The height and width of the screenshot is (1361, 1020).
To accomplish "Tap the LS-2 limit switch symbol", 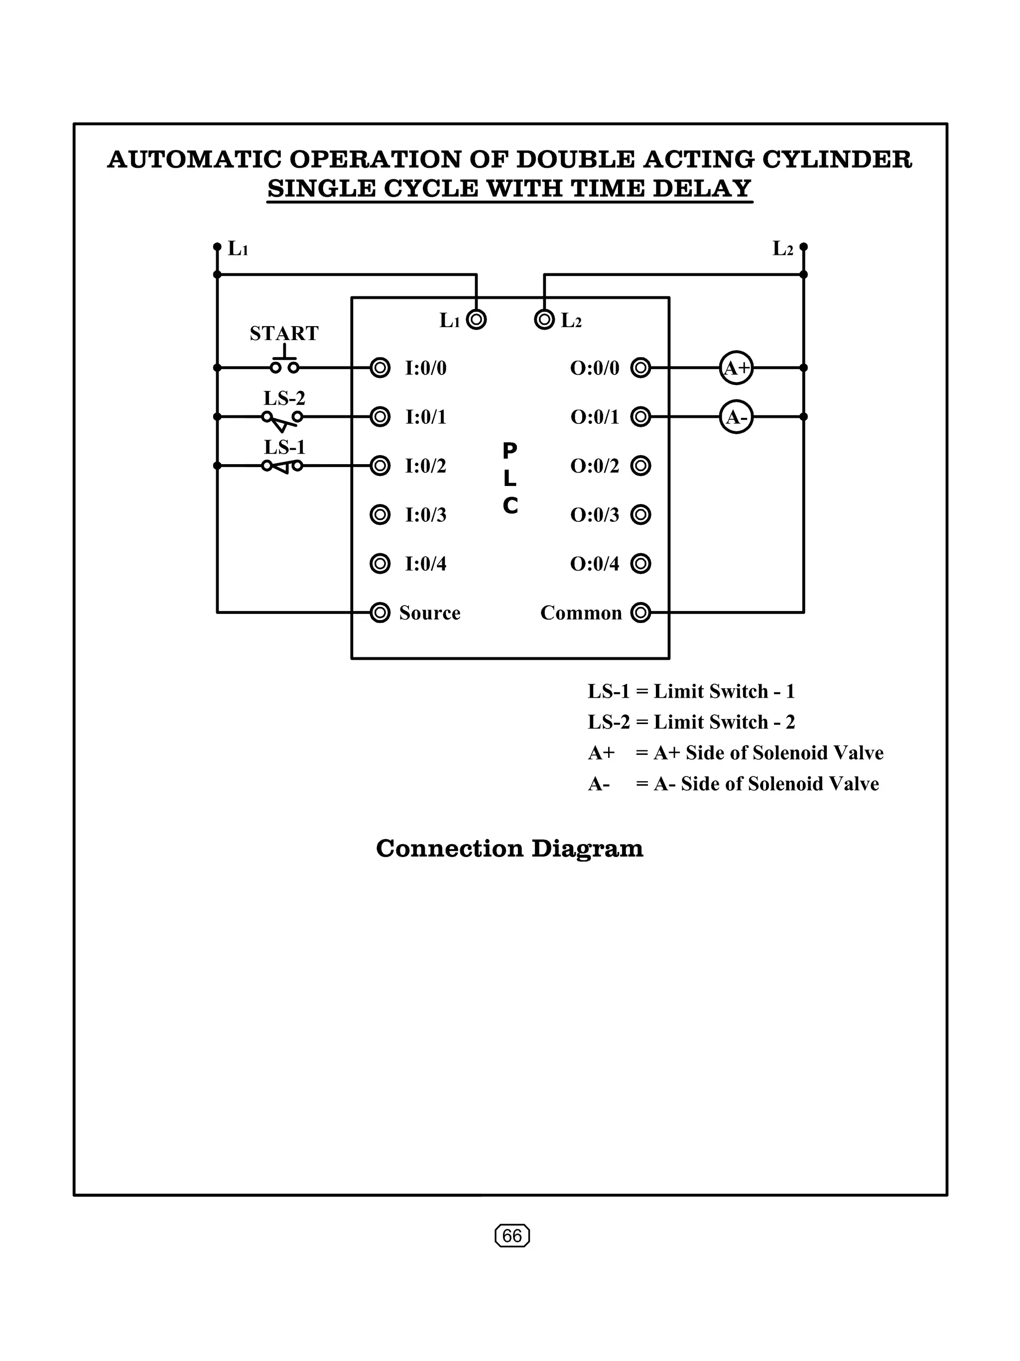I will (283, 418).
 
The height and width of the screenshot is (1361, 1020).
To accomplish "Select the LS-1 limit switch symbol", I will (283, 467).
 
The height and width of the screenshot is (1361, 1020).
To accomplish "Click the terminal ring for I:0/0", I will (380, 368).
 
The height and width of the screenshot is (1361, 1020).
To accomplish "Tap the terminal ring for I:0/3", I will (380, 514).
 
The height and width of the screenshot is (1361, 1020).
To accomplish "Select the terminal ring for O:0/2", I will (640, 466).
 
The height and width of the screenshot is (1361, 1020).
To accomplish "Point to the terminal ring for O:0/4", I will (640, 564).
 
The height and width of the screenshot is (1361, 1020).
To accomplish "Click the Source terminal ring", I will (380, 613).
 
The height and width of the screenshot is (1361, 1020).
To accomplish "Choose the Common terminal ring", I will (640, 613).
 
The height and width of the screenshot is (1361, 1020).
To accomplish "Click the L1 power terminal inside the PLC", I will (476, 319).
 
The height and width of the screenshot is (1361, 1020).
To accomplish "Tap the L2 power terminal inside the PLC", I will (544, 319).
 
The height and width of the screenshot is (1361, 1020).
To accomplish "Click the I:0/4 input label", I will (426, 564).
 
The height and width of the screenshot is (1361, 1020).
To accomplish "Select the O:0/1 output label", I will (594, 417).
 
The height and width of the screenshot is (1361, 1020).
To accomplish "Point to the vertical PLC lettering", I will (510, 478).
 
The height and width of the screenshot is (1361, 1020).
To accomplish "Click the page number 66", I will (512, 1236).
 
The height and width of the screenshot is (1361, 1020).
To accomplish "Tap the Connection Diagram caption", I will (510, 849).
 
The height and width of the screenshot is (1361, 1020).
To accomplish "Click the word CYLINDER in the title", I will (837, 159).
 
